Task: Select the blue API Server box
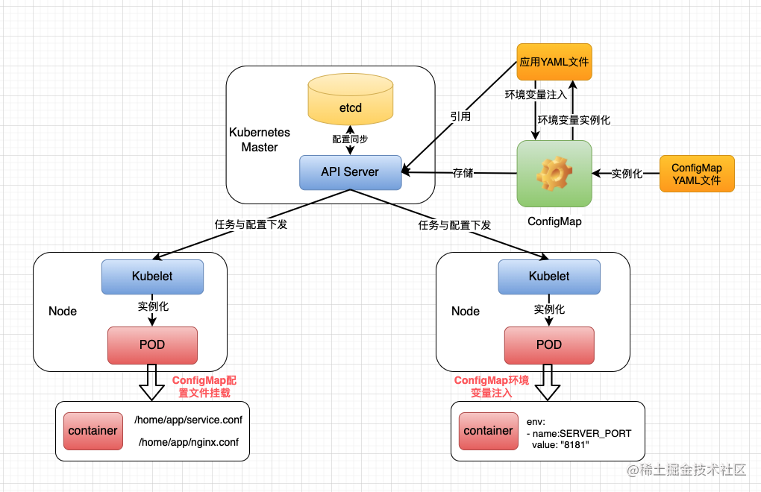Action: pyautogui.click(x=350, y=172)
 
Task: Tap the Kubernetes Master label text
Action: pyautogui.click(x=260, y=139)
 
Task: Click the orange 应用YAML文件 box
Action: pyautogui.click(x=554, y=63)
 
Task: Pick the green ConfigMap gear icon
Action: pyautogui.click(x=554, y=174)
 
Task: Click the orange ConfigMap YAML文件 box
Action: pyautogui.click(x=697, y=174)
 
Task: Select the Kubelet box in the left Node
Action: pyautogui.click(x=152, y=277)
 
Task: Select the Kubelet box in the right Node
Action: pyautogui.click(x=549, y=277)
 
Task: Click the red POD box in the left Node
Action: pyautogui.click(x=152, y=345)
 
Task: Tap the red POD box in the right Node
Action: pyautogui.click(x=549, y=345)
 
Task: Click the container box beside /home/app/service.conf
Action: pyautogui.click(x=93, y=431)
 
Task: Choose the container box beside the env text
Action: pyautogui.click(x=488, y=431)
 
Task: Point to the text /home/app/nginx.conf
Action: pyautogui.click(x=188, y=443)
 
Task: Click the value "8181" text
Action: pyautogui.click(x=560, y=445)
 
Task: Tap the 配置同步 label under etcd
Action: pyautogui.click(x=350, y=139)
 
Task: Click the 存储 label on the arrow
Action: pyautogui.click(x=463, y=174)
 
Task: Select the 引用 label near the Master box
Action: pyautogui.click(x=460, y=117)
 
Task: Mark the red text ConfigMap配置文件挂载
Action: pyautogui.click(x=204, y=386)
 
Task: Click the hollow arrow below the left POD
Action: pyautogui.click(x=152, y=383)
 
